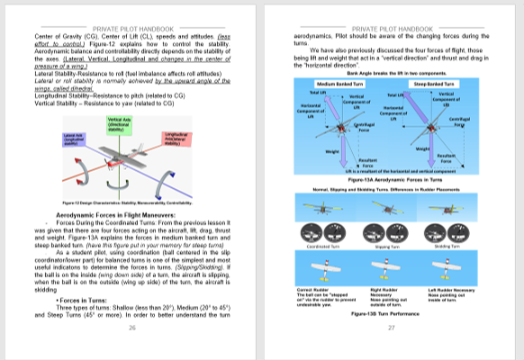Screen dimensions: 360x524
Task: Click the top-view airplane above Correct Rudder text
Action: [322, 269]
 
